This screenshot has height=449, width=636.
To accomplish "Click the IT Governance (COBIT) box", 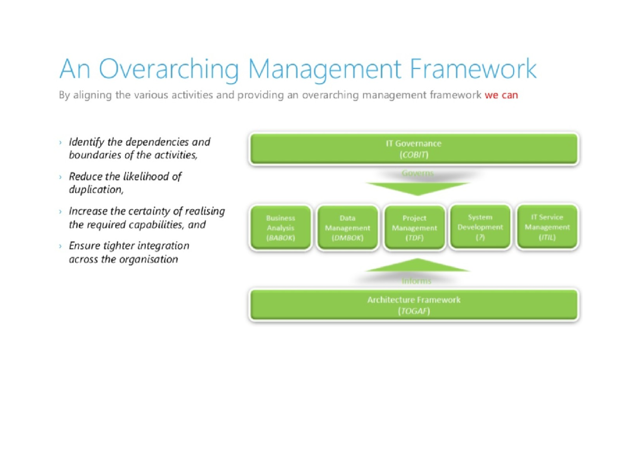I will click(413, 149).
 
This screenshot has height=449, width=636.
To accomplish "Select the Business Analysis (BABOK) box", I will click(280, 228).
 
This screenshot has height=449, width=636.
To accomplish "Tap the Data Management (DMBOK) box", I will click(347, 228).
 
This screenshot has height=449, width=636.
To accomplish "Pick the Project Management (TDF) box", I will click(414, 228).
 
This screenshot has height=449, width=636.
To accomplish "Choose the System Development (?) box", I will click(480, 227).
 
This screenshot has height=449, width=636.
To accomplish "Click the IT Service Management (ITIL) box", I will click(547, 227).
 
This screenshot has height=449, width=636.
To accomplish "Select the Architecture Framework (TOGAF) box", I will click(413, 305).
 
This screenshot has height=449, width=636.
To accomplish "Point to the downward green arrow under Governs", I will click(417, 188).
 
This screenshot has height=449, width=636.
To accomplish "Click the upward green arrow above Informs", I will click(417, 265).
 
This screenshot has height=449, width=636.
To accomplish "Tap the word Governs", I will click(417, 173).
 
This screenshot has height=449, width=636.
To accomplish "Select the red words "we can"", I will click(501, 96).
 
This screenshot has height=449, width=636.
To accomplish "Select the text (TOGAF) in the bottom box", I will click(413, 311).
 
